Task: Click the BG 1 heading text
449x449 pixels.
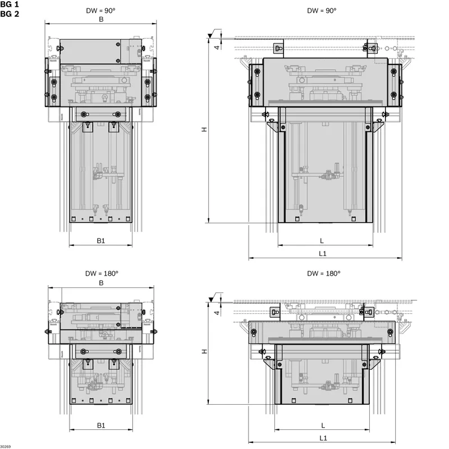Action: point(10,4)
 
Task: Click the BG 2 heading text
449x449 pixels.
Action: point(10,13)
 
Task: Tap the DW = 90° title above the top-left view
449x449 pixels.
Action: point(100,11)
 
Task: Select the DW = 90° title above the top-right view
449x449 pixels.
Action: point(322,11)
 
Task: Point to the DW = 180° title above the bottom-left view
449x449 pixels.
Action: point(102,273)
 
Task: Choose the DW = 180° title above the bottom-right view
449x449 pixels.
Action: point(324,273)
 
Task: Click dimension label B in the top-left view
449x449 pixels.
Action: point(101,20)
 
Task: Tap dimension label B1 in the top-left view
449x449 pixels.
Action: point(101,241)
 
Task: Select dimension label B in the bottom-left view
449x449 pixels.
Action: point(101,283)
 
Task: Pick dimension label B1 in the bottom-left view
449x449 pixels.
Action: point(101,425)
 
